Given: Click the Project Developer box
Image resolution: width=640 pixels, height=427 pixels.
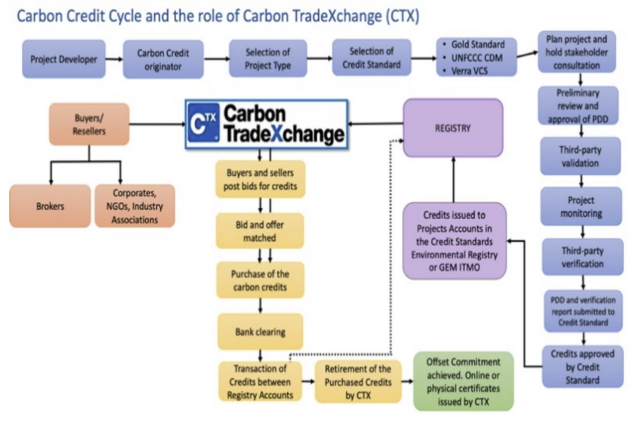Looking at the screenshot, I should (x=63, y=59).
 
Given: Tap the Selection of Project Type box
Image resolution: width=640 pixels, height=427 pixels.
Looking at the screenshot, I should (x=267, y=59).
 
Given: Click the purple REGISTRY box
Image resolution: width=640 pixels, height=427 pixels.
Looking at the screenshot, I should (x=453, y=128).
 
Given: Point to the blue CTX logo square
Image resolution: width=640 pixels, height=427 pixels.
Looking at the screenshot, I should (x=203, y=123).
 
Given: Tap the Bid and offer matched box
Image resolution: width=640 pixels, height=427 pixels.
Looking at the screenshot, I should (x=259, y=231).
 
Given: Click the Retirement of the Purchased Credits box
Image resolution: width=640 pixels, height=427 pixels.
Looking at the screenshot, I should (x=353, y=381).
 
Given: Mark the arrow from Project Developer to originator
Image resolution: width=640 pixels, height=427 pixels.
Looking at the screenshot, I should (x=115, y=59).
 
